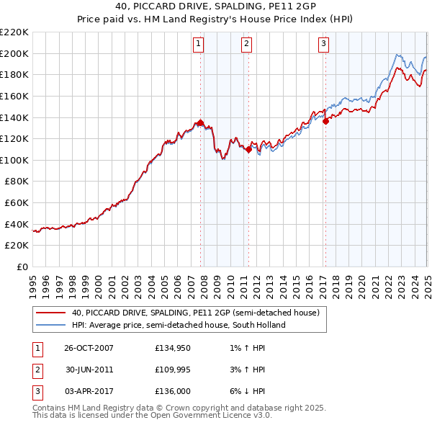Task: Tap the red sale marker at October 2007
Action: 201,122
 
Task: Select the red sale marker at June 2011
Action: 248,149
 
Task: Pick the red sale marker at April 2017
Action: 325,121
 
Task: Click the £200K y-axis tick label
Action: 14,53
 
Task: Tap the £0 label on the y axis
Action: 22,267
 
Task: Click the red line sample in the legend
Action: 51,313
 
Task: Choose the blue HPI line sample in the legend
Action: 51,325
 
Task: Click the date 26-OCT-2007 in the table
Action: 89,348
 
